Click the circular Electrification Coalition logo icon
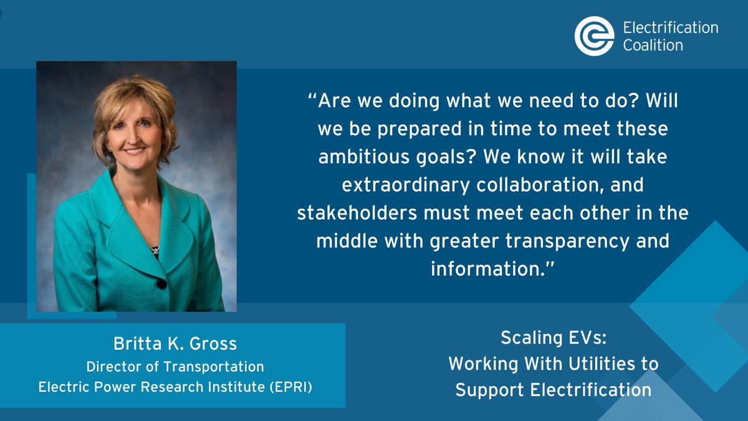click(595, 36)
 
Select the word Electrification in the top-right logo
click(671, 27)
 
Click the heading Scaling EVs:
click(553, 339)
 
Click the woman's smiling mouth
click(136, 150)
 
